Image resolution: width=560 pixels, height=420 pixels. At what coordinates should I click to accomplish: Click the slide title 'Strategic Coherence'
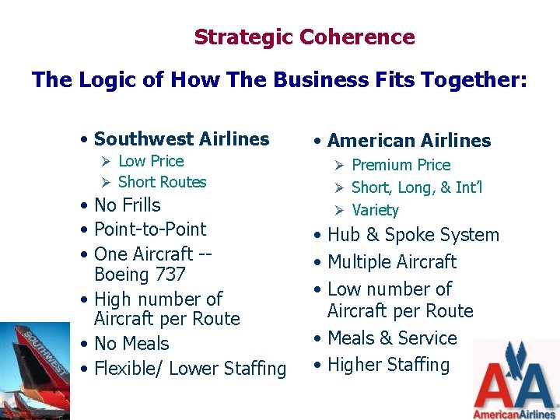tap(304, 37)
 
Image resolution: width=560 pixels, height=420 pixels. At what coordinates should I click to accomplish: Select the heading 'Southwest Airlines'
tap(181, 139)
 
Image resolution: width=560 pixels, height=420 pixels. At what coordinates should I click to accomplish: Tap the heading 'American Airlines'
tap(409, 141)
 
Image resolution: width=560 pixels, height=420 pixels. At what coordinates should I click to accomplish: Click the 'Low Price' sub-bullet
tap(151, 161)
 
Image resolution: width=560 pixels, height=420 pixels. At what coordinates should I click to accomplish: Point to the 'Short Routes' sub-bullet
tap(162, 182)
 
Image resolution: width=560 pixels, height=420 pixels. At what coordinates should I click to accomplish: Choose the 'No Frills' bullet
tap(127, 205)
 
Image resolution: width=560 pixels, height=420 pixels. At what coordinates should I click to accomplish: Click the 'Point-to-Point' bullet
tap(149, 229)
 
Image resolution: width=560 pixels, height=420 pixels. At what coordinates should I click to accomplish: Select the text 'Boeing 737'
tap(139, 275)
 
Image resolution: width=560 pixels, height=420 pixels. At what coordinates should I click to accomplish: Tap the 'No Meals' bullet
tap(131, 343)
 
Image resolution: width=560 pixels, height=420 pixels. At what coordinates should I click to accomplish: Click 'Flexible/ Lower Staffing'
tap(190, 368)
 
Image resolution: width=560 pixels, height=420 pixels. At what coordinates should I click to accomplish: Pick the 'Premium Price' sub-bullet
tap(401, 165)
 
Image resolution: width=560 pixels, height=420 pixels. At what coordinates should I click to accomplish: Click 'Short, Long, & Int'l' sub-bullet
tap(417, 187)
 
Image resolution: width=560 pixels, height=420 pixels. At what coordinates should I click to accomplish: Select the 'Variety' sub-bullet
tap(375, 210)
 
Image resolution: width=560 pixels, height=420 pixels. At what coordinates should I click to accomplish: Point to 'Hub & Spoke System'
tap(413, 235)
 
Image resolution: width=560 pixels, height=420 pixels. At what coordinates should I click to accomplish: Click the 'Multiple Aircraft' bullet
tap(392, 262)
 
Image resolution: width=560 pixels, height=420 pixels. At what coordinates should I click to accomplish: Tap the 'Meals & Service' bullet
tap(392, 338)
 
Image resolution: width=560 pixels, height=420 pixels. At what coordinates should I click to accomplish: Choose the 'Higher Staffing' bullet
tap(388, 365)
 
